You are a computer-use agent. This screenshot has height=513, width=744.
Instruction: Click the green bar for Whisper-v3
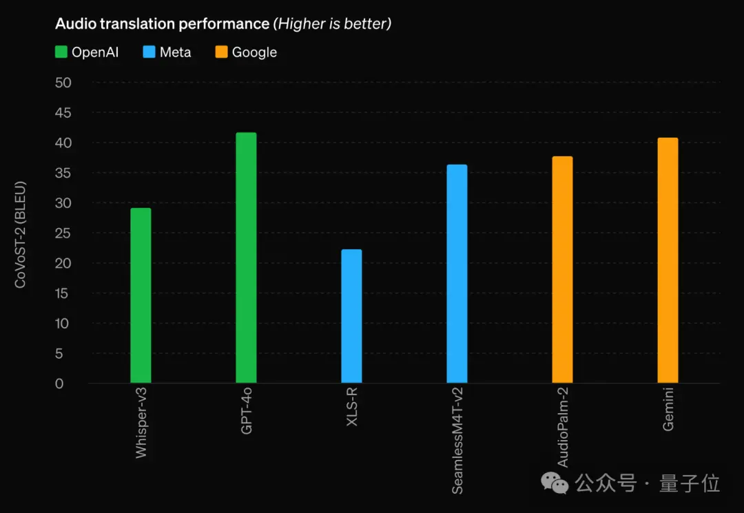tap(141, 295)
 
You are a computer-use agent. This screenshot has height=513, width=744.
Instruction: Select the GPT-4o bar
tap(246, 258)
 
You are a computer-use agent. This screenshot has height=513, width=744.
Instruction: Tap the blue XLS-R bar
tap(351, 316)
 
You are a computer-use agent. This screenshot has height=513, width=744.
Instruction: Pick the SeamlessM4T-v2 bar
tap(457, 273)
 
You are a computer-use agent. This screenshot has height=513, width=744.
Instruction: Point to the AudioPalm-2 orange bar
tap(562, 269)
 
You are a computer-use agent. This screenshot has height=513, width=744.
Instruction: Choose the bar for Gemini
tap(668, 260)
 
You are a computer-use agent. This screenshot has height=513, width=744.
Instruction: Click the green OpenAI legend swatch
tap(61, 52)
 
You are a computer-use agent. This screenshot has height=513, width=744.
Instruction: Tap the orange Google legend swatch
tap(222, 52)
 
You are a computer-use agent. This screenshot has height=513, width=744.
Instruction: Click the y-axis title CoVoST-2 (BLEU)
tap(21, 234)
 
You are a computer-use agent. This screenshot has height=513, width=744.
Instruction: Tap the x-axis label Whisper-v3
tap(141, 422)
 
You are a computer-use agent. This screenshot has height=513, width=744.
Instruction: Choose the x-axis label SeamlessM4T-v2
tap(457, 440)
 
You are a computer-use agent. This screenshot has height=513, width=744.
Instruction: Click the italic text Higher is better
tap(333, 23)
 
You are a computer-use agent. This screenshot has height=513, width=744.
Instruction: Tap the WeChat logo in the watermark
tap(555, 483)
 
